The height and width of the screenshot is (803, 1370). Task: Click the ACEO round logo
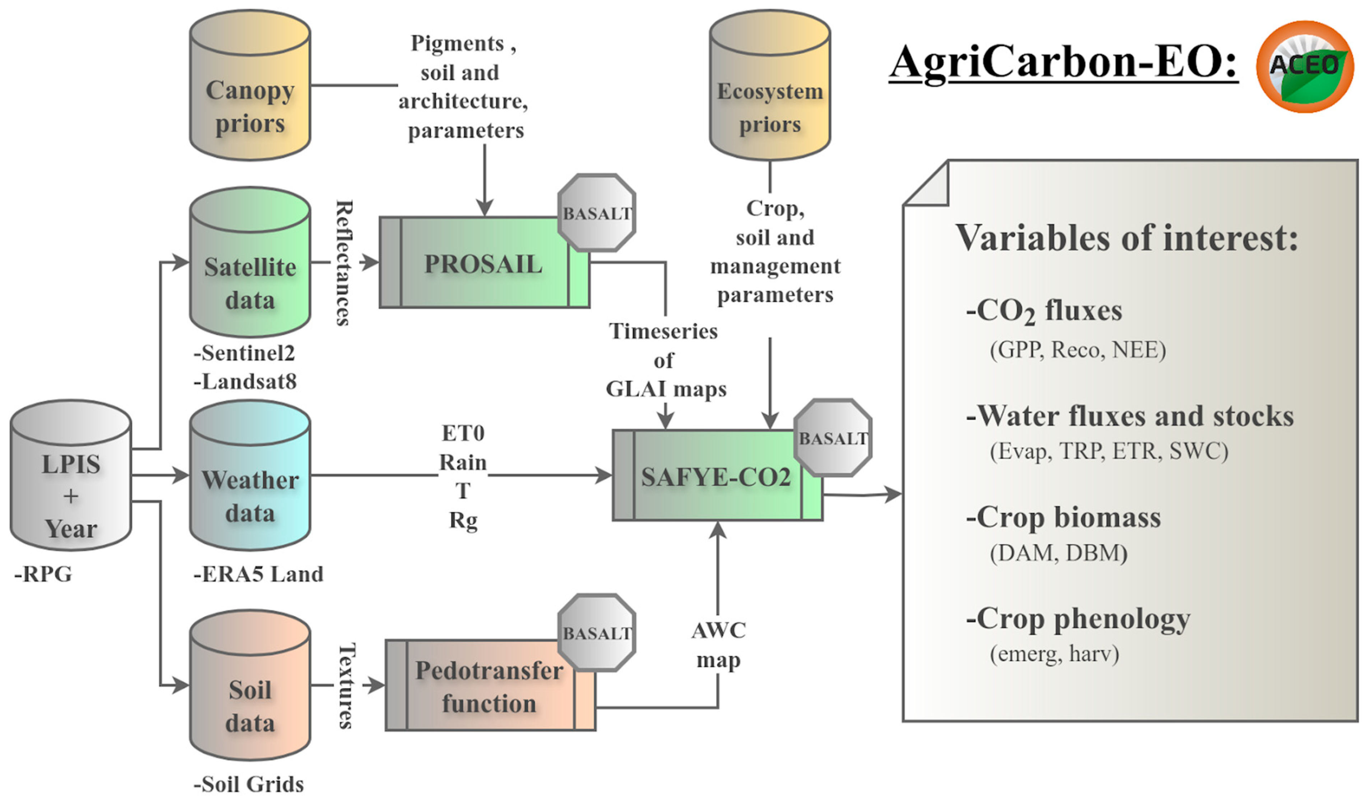(x=1304, y=66)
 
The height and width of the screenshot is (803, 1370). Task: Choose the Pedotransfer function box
(x=489, y=687)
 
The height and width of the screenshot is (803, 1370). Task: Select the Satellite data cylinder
(x=250, y=264)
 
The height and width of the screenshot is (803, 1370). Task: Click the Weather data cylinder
(x=250, y=477)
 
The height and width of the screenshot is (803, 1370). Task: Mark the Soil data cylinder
(x=250, y=686)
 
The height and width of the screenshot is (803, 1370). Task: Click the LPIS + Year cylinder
(x=71, y=477)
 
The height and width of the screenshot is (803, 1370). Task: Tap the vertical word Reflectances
(x=344, y=263)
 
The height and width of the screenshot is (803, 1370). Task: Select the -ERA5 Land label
(x=258, y=574)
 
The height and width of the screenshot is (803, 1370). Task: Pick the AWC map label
(x=718, y=645)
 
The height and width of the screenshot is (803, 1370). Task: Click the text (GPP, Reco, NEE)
(x=1078, y=350)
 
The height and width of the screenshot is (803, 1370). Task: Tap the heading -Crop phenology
(x=1078, y=619)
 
